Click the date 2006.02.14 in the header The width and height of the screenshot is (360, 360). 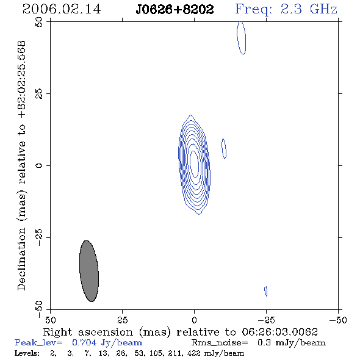[62, 9]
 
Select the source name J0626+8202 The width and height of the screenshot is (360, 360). [175, 10]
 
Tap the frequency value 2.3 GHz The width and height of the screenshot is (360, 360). [309, 9]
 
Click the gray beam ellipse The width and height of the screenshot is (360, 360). [89, 271]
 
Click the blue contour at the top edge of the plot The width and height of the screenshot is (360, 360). [242, 38]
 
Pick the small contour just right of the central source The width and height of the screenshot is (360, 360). [224, 148]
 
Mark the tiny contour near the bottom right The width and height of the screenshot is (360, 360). [266, 291]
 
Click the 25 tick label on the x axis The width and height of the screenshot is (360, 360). [122, 320]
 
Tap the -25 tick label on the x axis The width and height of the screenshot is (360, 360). [265, 320]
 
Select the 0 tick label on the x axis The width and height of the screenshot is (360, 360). [194, 320]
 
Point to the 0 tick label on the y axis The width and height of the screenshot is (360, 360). [39, 165]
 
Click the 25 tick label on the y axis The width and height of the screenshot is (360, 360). [39, 94]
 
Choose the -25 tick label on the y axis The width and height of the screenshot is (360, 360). [39, 237]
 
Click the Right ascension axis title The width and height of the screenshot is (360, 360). [181, 332]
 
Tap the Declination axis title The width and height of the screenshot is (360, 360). [21, 166]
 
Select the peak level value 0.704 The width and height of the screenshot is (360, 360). [84, 343]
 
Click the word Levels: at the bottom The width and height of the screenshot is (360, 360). [27, 353]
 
